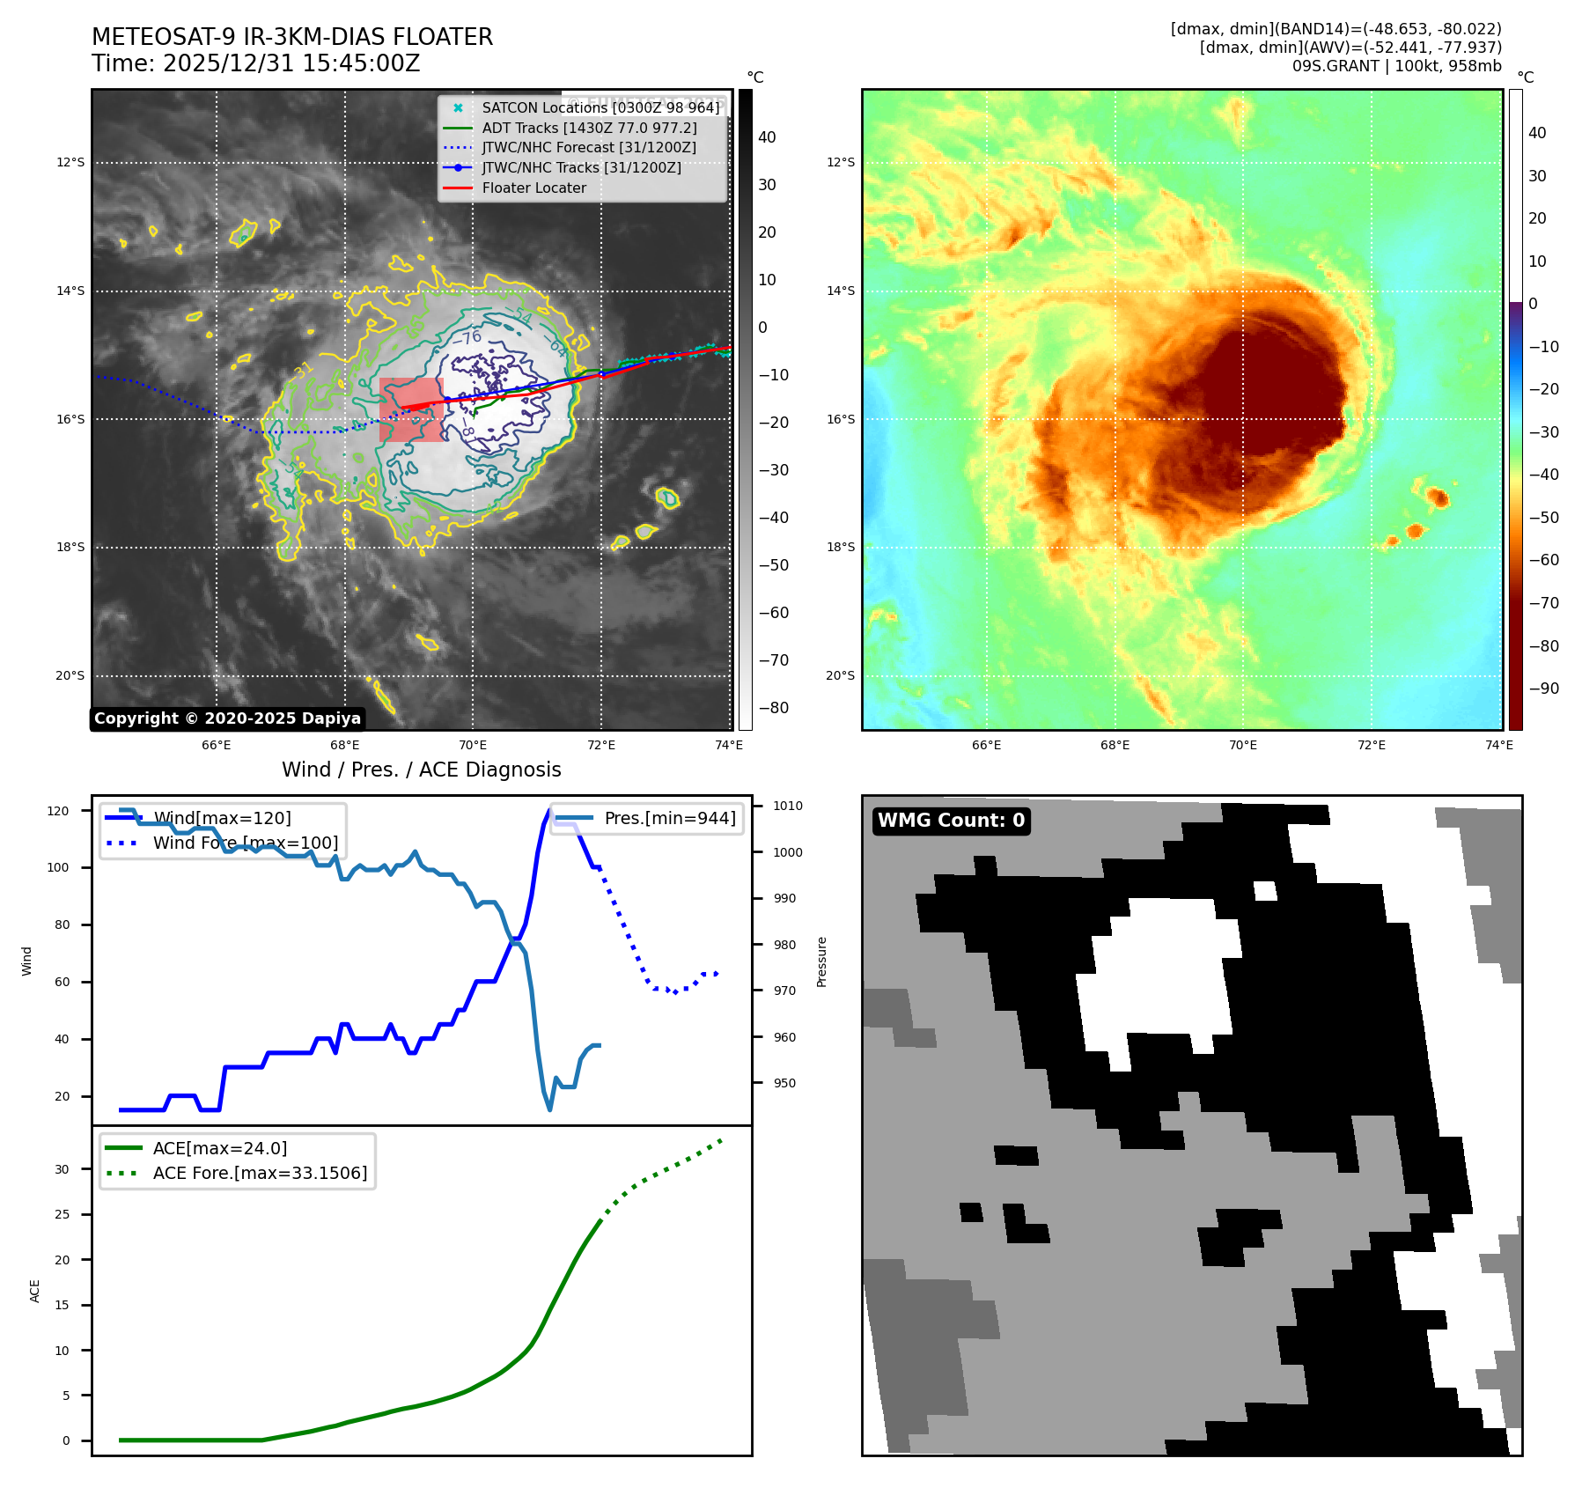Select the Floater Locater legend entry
click(533, 188)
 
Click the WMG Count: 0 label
click(951, 821)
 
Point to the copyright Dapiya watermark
click(227, 718)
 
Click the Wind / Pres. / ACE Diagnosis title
click(421, 770)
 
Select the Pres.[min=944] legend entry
click(669, 818)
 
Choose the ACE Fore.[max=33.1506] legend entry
click(260, 1173)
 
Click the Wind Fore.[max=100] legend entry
click(245, 843)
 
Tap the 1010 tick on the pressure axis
click(788, 806)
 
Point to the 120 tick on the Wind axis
click(58, 811)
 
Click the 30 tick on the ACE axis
click(63, 1169)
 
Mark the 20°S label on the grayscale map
click(70, 676)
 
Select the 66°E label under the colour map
click(986, 745)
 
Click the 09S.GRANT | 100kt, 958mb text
click(1396, 66)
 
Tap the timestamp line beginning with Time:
click(255, 63)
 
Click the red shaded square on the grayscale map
click(411, 409)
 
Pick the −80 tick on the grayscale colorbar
click(774, 708)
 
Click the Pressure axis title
click(821, 961)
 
